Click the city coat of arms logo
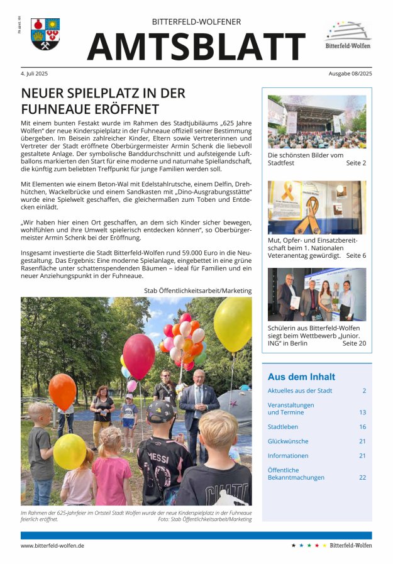(45, 34)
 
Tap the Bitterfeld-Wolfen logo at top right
(348, 35)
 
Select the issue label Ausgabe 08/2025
(350, 74)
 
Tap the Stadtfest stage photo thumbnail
(316, 122)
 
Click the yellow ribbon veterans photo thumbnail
(316, 207)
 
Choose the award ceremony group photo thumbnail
(316, 294)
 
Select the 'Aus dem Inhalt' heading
(301, 377)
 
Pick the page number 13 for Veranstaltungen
(362, 412)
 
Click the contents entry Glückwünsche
(288, 441)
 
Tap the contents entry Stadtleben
(284, 427)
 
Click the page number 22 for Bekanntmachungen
(362, 477)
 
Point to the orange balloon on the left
(62, 391)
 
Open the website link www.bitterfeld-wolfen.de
(52, 545)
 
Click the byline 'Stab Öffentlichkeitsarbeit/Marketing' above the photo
(197, 290)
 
